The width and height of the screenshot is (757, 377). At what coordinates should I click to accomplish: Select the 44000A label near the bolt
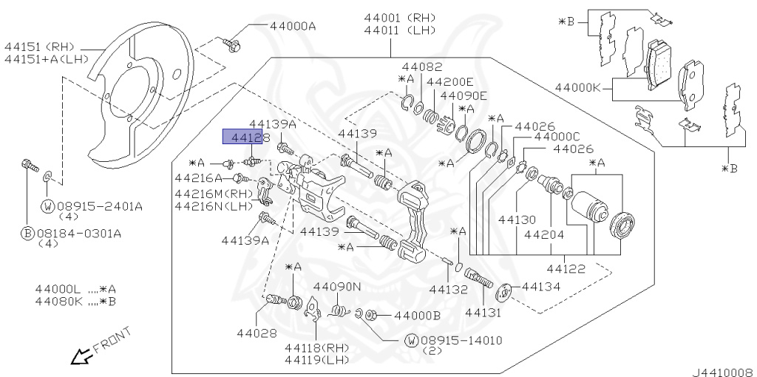pos(292,26)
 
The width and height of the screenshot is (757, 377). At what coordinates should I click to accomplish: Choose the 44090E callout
pos(464,95)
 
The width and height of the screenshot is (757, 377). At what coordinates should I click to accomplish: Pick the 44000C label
pos(556,137)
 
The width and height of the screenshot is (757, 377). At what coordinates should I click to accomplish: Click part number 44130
pos(516,220)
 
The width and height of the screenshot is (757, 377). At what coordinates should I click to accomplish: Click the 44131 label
pos(483,313)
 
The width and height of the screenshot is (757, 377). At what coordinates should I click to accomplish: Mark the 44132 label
pos(449,289)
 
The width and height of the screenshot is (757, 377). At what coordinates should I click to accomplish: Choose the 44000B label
pos(417,316)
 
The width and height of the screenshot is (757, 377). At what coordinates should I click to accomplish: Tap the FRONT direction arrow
pos(79,358)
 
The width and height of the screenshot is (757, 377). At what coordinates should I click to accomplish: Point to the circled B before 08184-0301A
pos(26,234)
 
